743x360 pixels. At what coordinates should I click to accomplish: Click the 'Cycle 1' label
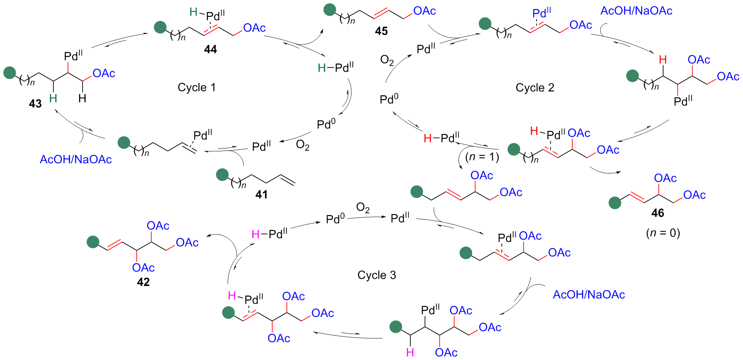click(197, 87)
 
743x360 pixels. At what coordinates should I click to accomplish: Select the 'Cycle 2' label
click(535, 88)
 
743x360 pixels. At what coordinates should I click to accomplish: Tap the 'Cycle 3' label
click(376, 275)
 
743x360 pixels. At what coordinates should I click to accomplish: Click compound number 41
click(261, 194)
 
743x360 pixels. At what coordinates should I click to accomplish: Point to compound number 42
click(143, 282)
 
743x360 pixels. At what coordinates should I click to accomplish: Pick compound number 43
click(35, 103)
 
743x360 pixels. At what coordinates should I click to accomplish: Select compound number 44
click(210, 49)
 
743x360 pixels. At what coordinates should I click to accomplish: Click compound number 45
click(381, 31)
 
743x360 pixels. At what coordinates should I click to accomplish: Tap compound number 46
click(657, 213)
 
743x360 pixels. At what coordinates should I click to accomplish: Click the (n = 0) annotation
click(663, 233)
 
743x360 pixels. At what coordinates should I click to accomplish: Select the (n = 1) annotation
click(482, 156)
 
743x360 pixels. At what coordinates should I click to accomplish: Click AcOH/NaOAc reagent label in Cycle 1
click(76, 159)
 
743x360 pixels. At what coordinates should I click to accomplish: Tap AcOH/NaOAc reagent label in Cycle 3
click(589, 295)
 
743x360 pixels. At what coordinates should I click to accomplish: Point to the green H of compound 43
click(53, 98)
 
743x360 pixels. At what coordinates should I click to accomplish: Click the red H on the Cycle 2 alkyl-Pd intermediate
click(663, 60)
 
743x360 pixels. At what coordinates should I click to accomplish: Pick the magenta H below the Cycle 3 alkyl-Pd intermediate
click(410, 353)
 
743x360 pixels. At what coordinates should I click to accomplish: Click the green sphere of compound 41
click(223, 174)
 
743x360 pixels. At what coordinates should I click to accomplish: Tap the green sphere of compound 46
click(615, 203)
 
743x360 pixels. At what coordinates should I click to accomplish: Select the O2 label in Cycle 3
click(363, 208)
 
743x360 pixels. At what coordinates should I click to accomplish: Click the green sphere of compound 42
click(93, 242)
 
